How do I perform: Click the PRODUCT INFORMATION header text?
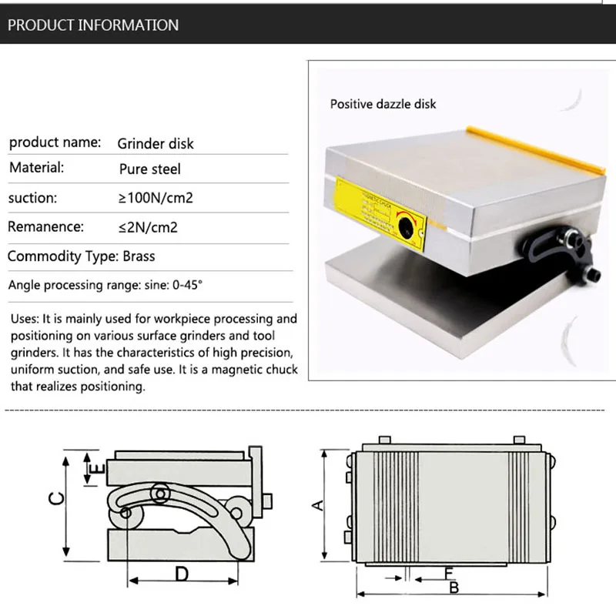[93, 25]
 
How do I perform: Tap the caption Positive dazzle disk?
[383, 103]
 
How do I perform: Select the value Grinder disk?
[156, 143]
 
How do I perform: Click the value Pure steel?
[150, 169]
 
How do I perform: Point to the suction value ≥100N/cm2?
[156, 198]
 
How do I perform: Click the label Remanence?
[46, 226]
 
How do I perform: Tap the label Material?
[36, 167]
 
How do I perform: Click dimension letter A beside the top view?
[315, 504]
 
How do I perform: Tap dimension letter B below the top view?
[454, 588]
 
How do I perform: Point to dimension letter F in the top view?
[448, 573]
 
